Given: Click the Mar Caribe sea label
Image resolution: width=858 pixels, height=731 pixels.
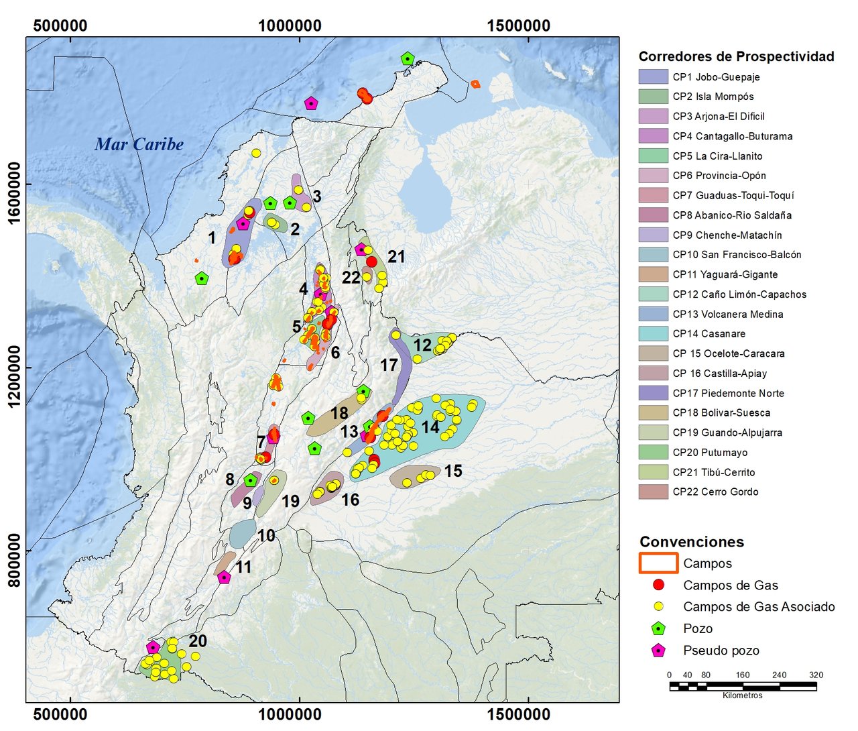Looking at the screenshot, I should (x=139, y=144).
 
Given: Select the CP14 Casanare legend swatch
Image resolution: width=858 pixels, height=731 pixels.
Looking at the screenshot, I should (x=654, y=333).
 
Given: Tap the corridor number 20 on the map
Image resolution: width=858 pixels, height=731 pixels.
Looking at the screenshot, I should (x=198, y=641).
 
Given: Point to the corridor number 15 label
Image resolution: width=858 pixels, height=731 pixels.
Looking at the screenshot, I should (x=453, y=471).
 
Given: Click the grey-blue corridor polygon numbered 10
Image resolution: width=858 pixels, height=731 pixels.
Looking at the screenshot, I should (x=242, y=533).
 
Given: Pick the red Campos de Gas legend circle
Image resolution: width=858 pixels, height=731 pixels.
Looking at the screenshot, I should (x=659, y=585).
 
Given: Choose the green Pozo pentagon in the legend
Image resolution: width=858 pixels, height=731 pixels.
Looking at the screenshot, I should (x=659, y=628).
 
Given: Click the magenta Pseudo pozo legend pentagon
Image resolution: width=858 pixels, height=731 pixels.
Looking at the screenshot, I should (x=659, y=650).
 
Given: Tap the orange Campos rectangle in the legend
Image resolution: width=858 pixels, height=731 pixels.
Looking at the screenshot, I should (x=659, y=563).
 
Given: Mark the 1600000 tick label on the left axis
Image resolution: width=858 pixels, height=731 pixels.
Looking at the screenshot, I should (x=15, y=184).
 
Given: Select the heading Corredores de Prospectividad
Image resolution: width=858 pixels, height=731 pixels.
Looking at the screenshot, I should (x=736, y=56).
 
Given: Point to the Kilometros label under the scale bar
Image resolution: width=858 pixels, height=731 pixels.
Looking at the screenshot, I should (x=742, y=695).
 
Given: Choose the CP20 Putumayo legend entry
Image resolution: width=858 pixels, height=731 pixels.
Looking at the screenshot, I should (x=710, y=452).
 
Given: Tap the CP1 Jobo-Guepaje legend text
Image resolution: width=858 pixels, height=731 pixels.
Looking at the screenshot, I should (x=716, y=76).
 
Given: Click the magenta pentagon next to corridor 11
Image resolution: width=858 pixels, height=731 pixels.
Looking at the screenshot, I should (x=224, y=577).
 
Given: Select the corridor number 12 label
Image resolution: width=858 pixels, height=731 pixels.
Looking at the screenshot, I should (x=422, y=345).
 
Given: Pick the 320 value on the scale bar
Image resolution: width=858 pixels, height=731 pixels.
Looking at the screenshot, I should (x=816, y=675).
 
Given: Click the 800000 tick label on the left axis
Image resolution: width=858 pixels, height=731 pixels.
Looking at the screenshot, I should (x=15, y=551).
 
